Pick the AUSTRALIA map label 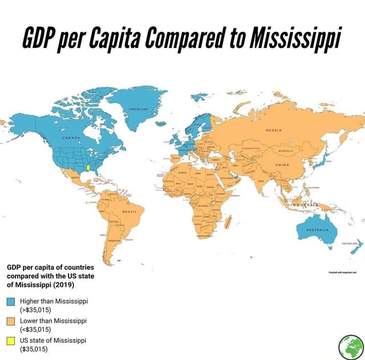317,230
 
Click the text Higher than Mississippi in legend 53,301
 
